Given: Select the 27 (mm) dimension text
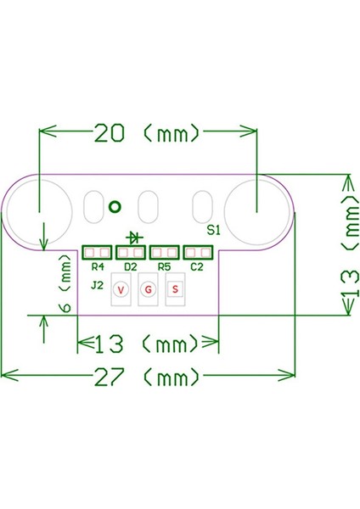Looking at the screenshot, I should click(x=149, y=374).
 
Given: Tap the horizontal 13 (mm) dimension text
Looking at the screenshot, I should click(x=149, y=344).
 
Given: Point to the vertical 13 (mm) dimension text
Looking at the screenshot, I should click(x=349, y=246).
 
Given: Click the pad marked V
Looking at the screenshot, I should click(x=121, y=289).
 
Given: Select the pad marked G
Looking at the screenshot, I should click(x=148, y=289).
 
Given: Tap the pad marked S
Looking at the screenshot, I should click(x=175, y=289).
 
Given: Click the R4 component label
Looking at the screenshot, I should click(x=97, y=266).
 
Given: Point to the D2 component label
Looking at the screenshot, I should click(x=130, y=266).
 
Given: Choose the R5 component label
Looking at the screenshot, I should click(x=164, y=266).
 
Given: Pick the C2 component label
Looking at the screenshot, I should click(x=197, y=266).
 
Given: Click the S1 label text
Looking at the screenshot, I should click(x=213, y=230).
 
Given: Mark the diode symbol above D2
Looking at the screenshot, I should click(x=133, y=237).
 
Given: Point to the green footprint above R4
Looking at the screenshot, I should click(x=97, y=252).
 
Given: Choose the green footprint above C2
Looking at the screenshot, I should click(x=198, y=252).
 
